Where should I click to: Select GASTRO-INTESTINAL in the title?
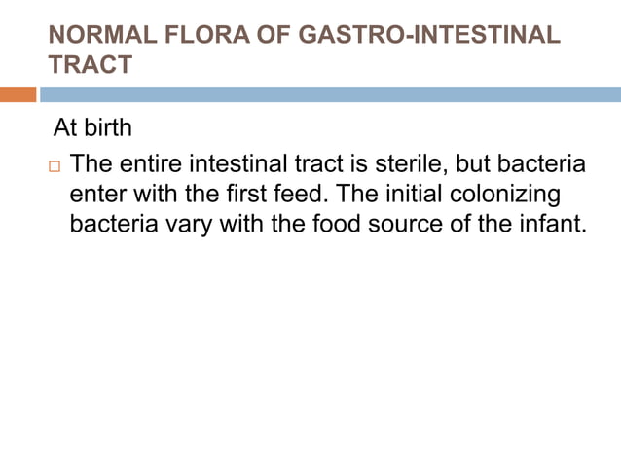421,37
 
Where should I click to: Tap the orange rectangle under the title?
18,94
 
